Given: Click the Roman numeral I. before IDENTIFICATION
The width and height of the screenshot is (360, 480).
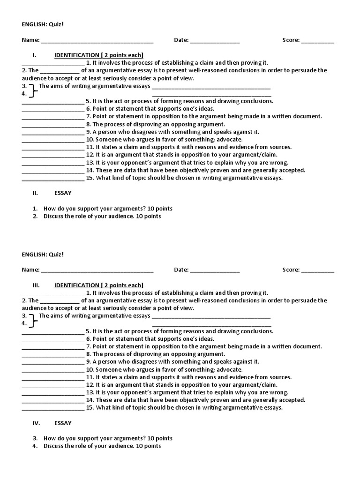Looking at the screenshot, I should pos(34,55).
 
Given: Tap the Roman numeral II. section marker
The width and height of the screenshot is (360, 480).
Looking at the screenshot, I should pos(35,193).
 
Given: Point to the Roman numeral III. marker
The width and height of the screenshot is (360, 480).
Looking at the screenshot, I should pos(36,285).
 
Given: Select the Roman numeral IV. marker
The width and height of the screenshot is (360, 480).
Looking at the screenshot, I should pos(36,423).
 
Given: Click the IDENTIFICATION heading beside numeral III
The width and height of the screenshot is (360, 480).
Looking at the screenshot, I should pos(99,285).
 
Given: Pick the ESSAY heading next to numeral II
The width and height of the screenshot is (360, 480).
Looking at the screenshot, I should pos(63,193).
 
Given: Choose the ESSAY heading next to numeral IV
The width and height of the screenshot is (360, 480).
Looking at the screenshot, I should pos(63,423).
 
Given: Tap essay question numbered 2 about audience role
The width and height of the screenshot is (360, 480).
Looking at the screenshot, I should pos(102,216).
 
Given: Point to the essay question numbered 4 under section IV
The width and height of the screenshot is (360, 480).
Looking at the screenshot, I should pos(102,446).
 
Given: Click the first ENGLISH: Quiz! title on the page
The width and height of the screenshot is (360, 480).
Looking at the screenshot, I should pos(42,24).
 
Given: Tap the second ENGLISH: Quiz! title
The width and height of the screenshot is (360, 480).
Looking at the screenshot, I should pos(42,254).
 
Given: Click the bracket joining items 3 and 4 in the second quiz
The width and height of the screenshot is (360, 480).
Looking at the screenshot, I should pos(32,320).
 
